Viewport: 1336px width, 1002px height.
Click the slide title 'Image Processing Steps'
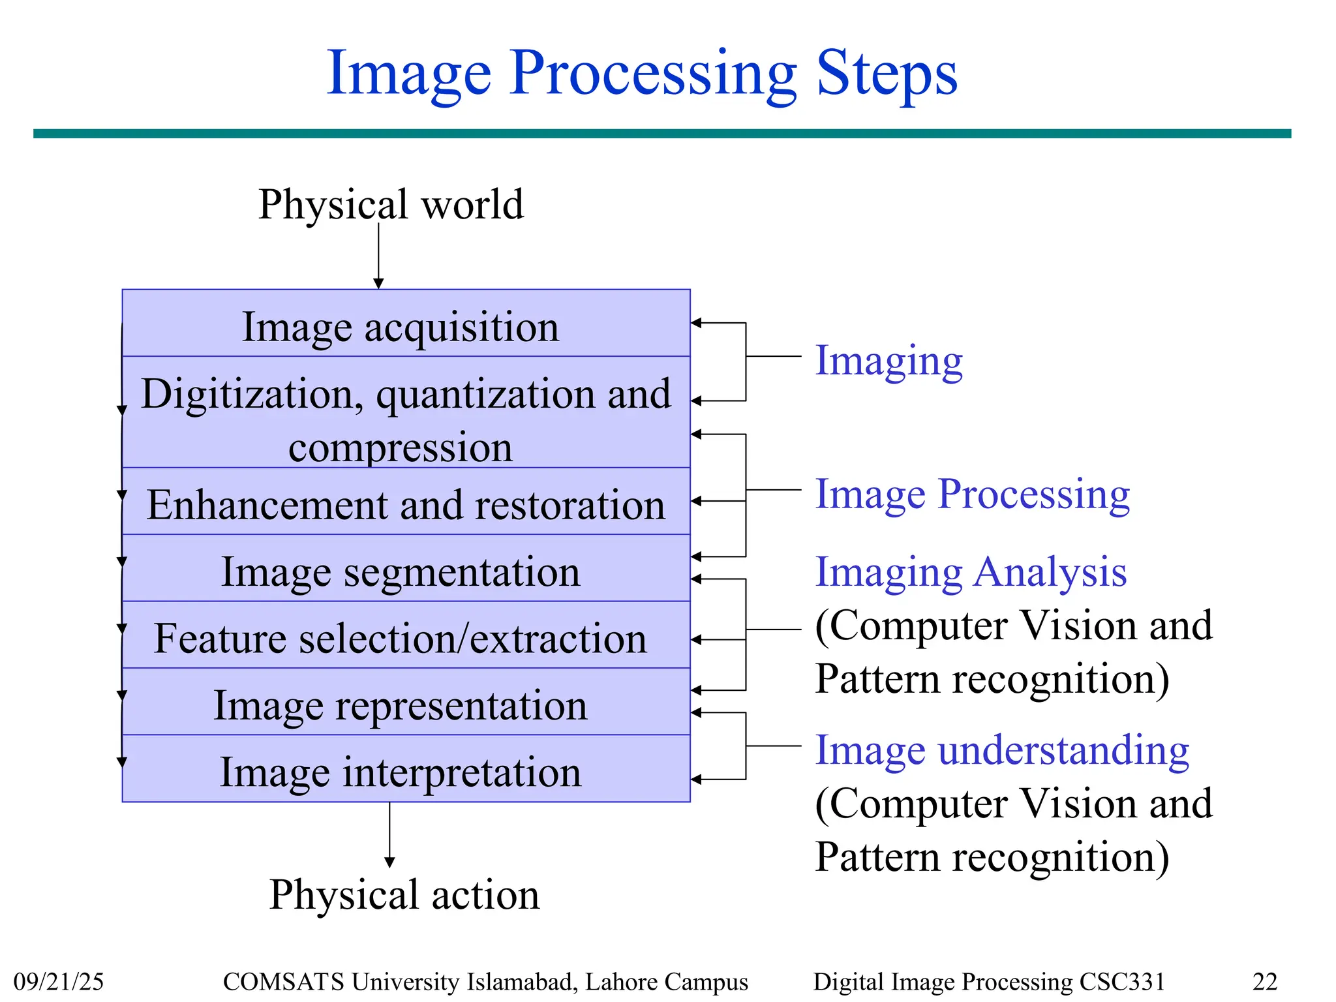pos(642,74)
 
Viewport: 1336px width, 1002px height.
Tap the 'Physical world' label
pos(391,204)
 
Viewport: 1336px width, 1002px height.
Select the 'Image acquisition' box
pos(401,327)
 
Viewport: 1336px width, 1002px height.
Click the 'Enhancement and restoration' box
pos(406,505)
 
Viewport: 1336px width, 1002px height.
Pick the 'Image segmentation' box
pos(401,572)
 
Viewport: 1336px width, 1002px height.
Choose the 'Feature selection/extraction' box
pos(401,639)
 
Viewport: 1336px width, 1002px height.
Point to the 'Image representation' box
pos(401,706)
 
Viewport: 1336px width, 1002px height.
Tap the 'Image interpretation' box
pos(401,772)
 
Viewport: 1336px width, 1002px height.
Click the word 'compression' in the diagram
pos(401,448)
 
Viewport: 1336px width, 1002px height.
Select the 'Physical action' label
pos(404,894)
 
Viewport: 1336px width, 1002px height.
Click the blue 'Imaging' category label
pos(888,361)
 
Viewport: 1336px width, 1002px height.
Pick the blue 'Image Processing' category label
pos(972,494)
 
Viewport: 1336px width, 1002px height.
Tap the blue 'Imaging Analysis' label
pos(971,572)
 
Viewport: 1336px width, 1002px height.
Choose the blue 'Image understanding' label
pos(1002,750)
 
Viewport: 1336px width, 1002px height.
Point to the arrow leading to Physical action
pos(389,835)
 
